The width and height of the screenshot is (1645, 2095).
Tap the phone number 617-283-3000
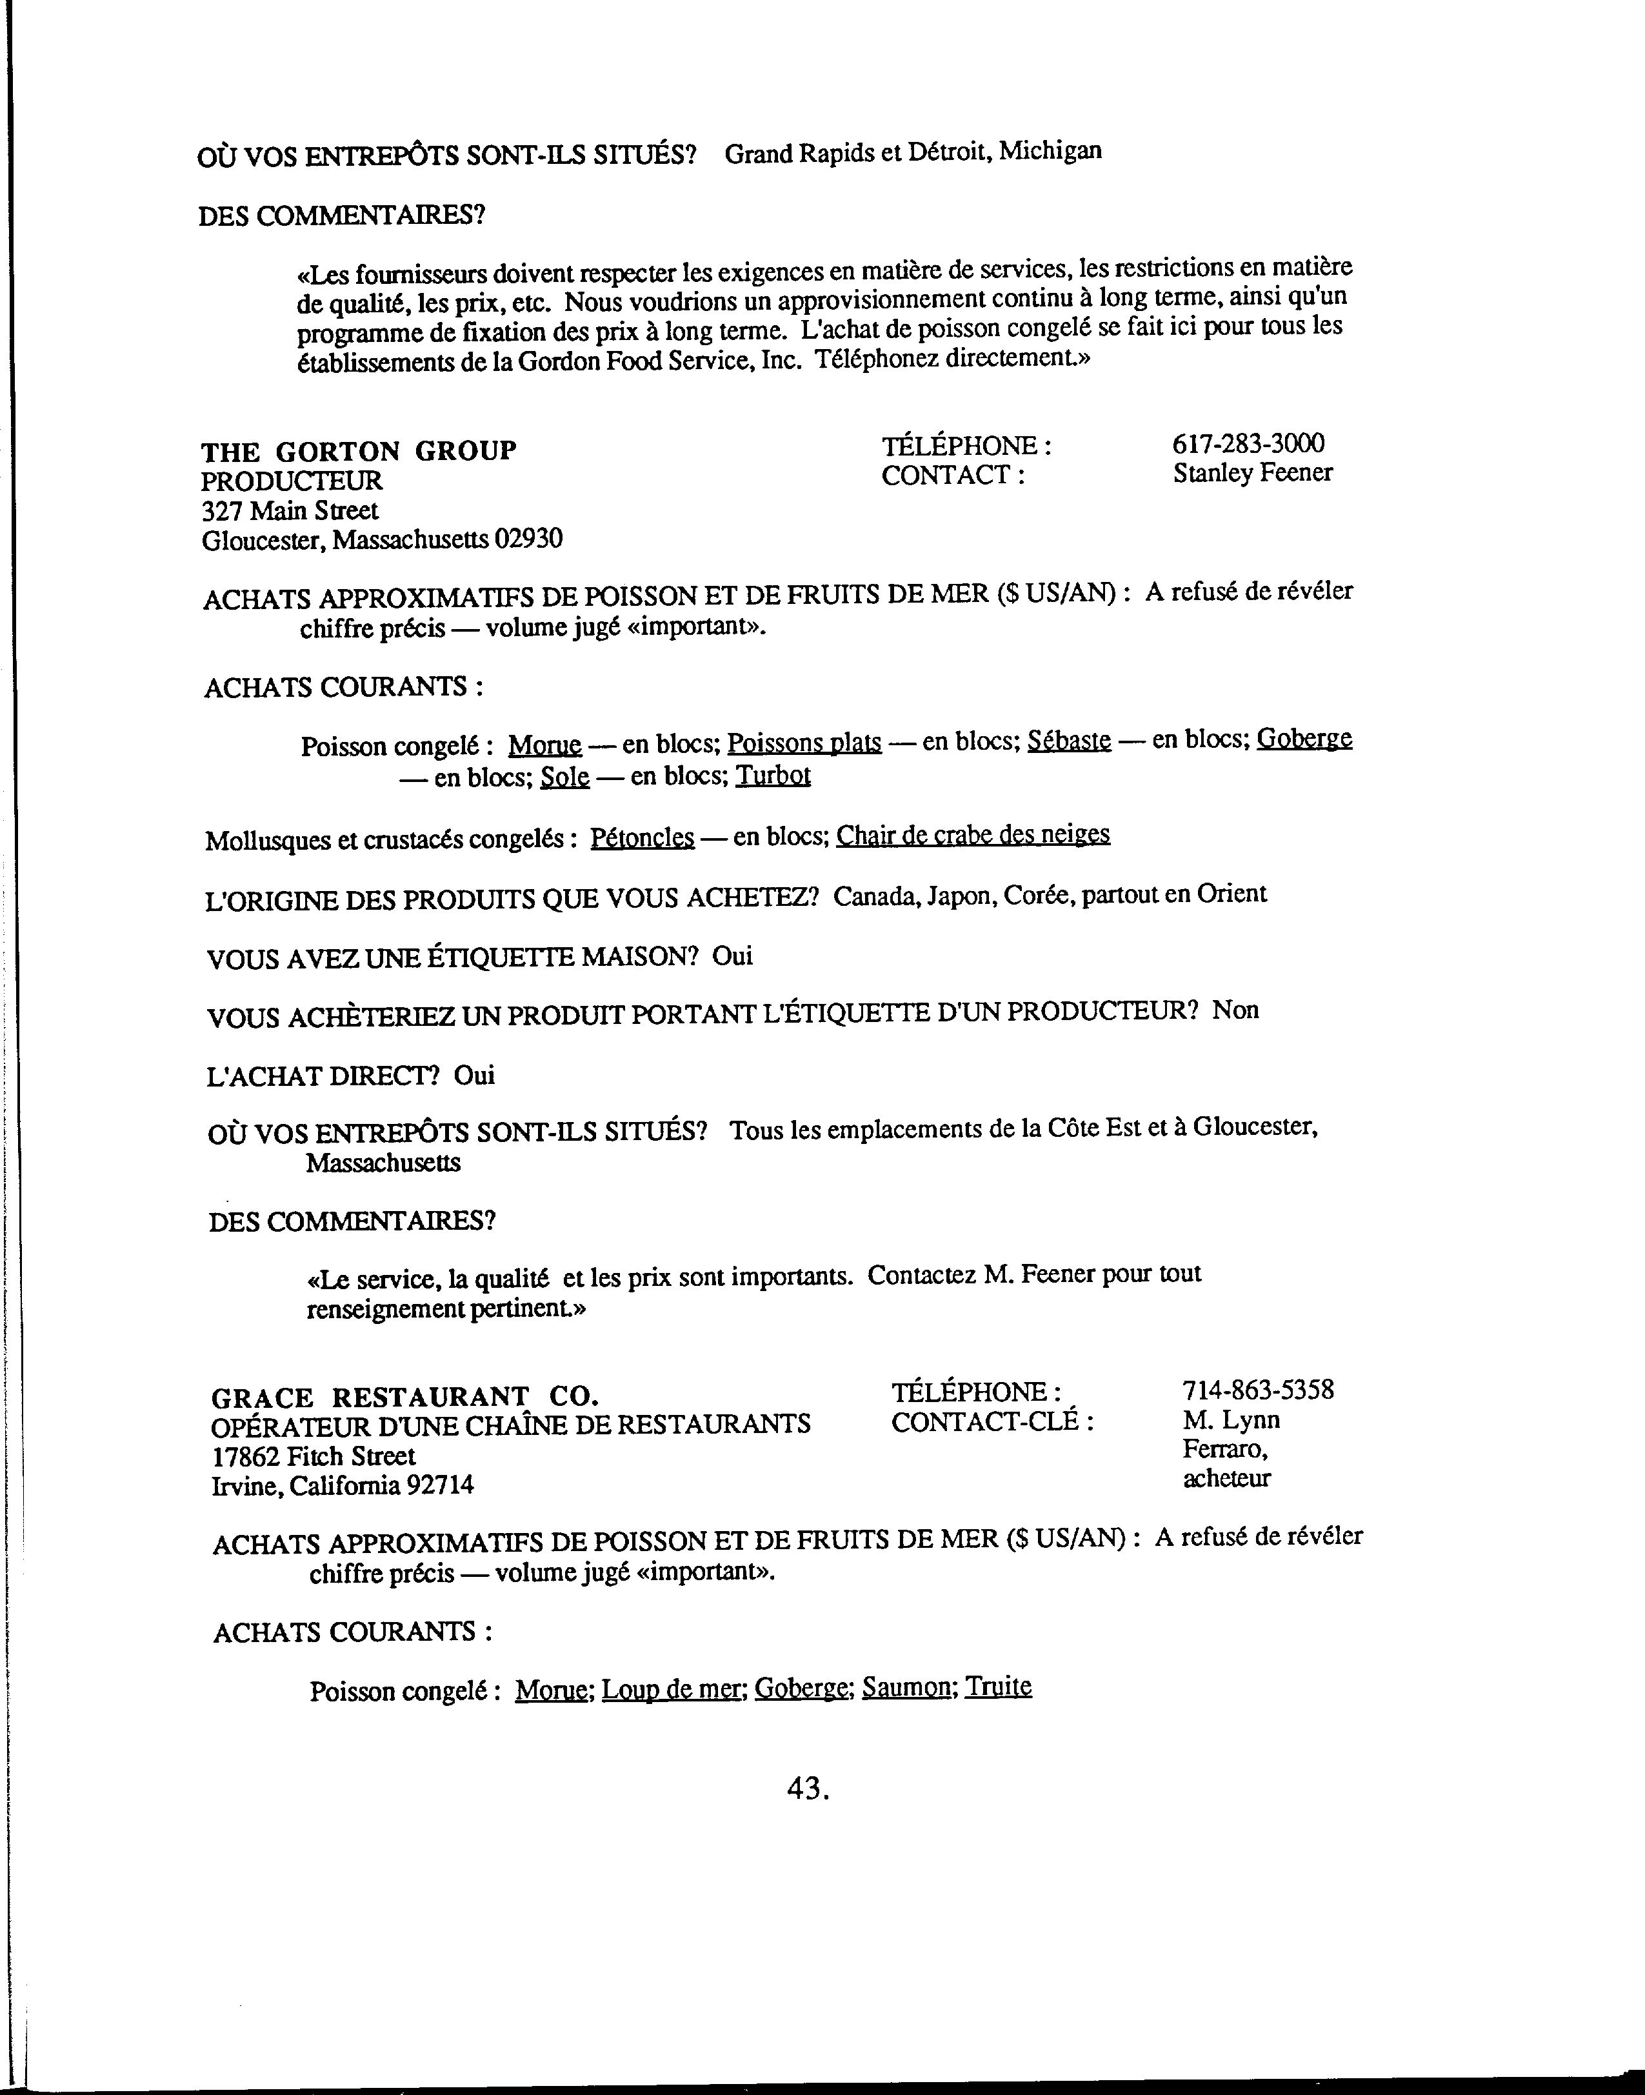coord(1248,443)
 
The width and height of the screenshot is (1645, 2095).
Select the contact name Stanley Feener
coord(1252,473)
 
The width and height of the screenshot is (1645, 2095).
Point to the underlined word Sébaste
coord(1068,741)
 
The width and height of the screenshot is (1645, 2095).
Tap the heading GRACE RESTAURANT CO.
coord(404,1397)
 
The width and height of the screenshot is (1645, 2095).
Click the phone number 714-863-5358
coord(1258,1390)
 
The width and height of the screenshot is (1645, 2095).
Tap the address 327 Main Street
coord(290,510)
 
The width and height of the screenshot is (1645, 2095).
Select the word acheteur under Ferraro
coord(1226,1479)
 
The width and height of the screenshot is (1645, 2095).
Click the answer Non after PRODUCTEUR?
coord(1235,1010)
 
